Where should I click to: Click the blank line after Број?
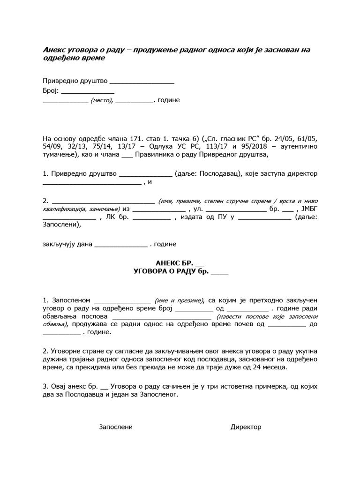click(88, 90)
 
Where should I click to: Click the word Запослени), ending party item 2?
click(61, 225)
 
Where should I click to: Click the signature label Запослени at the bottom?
click(116, 427)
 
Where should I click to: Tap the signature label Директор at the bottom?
click(246, 427)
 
